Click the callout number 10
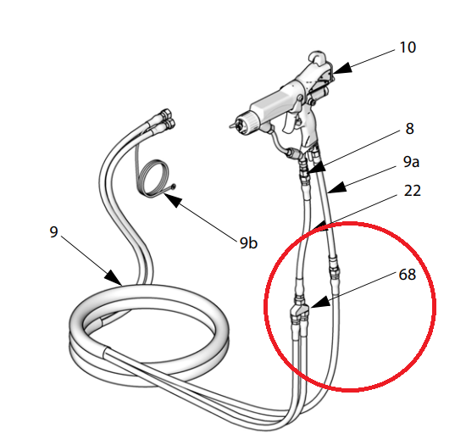408,47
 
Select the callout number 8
409,129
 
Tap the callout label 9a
411,162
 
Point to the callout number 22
413,191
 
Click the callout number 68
408,274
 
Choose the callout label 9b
248,243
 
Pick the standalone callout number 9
53,231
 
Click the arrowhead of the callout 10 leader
341,69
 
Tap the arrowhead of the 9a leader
337,187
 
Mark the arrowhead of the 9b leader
172,199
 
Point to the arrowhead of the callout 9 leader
114,278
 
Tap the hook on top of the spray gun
318,57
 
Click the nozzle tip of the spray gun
232,125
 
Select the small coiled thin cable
154,178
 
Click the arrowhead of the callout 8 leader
317,167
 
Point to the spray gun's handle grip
309,128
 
